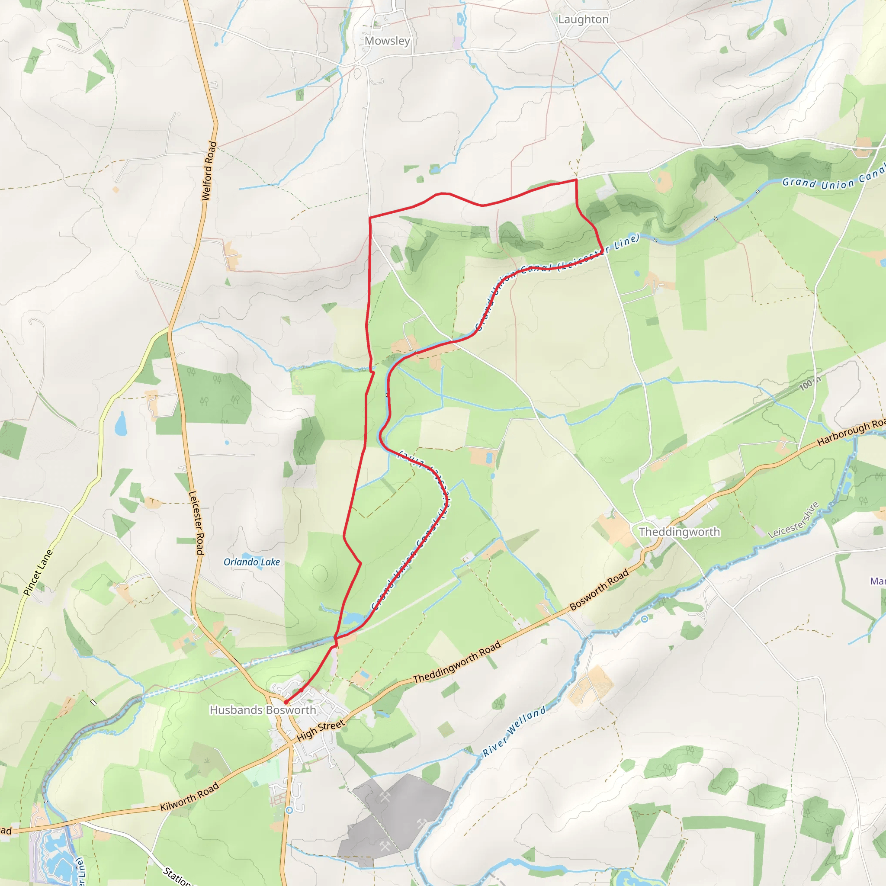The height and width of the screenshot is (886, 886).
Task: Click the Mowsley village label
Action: [x=387, y=41]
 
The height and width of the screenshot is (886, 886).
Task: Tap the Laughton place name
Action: [x=583, y=19]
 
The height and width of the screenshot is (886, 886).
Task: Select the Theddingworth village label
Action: [x=679, y=532]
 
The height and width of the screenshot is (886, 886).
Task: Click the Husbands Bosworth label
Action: [x=263, y=710]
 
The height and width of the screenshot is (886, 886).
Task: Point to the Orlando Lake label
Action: [x=252, y=562]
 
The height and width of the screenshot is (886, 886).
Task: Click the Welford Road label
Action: [x=209, y=170]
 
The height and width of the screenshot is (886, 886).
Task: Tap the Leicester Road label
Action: [x=196, y=523]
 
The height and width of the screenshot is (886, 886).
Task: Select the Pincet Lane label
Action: [x=38, y=572]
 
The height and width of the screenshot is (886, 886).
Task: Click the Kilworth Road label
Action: [x=189, y=797]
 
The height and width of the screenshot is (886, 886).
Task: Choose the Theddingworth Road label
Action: [x=457, y=663]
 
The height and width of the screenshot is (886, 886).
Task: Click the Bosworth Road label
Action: [x=598, y=590]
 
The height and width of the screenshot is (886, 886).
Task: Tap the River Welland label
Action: [x=514, y=731]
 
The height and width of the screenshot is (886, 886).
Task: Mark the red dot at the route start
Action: [x=286, y=702]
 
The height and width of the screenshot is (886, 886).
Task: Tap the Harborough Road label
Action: [x=851, y=433]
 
